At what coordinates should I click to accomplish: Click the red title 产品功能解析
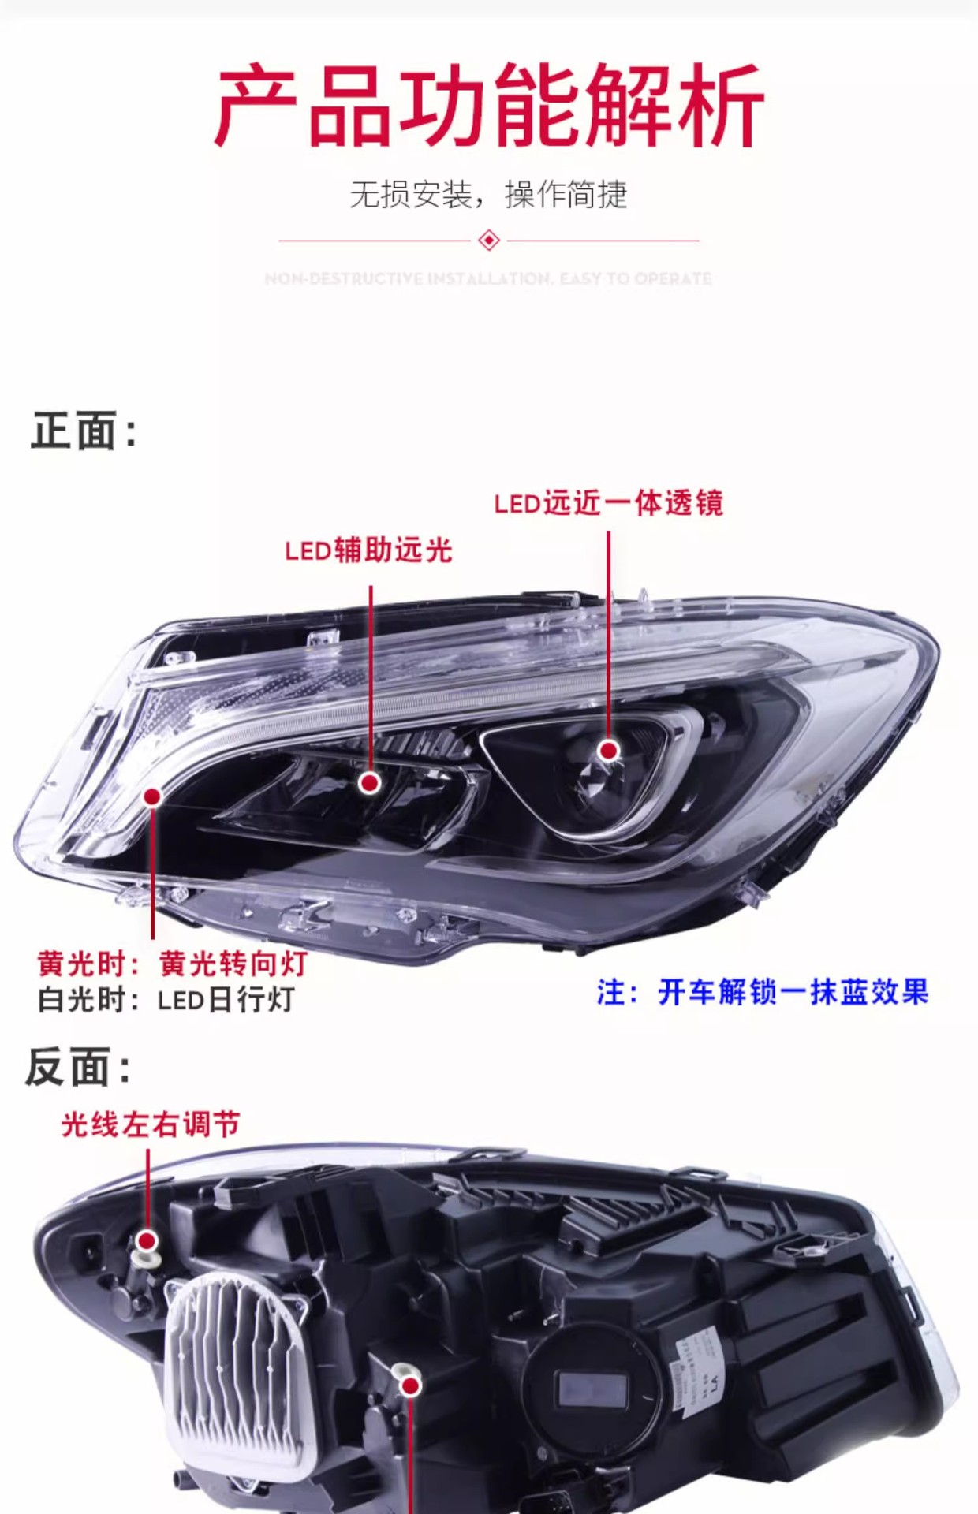(x=489, y=106)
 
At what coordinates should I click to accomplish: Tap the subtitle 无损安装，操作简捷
(x=488, y=195)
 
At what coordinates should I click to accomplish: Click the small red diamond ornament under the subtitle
(x=489, y=240)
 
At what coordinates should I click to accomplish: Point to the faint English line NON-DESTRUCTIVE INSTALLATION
(x=488, y=278)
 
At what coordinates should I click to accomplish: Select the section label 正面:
(x=84, y=431)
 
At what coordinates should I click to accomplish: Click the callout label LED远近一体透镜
(x=608, y=503)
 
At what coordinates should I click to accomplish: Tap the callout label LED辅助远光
(x=368, y=550)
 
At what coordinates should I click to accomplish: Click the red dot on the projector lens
(x=608, y=751)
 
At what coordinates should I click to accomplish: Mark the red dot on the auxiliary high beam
(x=369, y=782)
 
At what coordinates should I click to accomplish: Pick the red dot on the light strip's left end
(x=152, y=796)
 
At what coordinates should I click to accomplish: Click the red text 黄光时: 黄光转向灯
(x=172, y=964)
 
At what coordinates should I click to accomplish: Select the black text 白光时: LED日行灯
(x=166, y=1000)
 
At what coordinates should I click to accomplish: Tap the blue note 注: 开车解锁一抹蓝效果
(x=762, y=992)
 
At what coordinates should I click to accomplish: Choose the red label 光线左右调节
(x=150, y=1124)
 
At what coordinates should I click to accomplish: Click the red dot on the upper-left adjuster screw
(x=147, y=1242)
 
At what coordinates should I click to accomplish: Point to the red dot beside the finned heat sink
(x=410, y=1385)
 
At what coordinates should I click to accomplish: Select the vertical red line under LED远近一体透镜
(x=608, y=631)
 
